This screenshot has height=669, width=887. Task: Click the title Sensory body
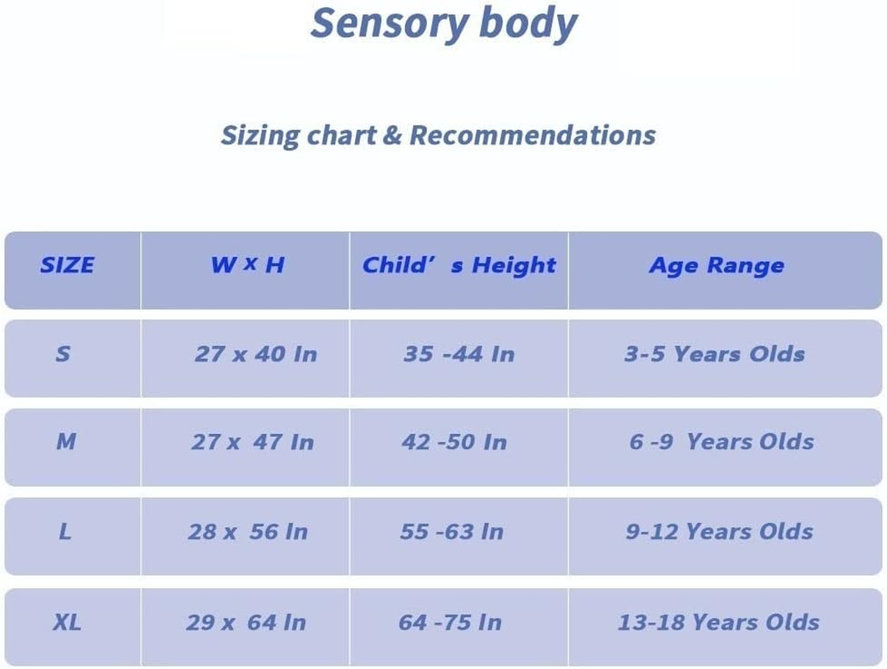click(443, 23)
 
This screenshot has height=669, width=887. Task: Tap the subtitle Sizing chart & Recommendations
click(438, 135)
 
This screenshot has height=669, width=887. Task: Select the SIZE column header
click(67, 266)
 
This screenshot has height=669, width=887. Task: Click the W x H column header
click(247, 266)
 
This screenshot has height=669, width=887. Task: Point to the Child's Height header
click(459, 266)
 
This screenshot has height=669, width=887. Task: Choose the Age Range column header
click(717, 266)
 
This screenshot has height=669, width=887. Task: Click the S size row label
click(63, 355)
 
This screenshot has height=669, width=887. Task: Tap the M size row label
click(65, 442)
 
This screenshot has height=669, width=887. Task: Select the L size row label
click(64, 532)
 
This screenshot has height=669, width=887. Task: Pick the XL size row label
click(67, 622)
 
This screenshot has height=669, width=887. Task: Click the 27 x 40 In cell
click(256, 355)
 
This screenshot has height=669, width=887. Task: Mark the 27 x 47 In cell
click(252, 442)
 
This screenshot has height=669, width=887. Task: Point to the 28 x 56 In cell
click(247, 532)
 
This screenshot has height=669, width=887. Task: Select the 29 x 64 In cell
click(246, 622)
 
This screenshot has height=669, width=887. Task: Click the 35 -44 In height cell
click(459, 355)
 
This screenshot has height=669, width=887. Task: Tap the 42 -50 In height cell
click(454, 442)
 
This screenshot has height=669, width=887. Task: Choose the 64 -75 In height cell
click(450, 622)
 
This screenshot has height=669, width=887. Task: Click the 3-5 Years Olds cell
click(714, 355)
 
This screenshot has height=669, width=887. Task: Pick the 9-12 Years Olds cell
click(719, 532)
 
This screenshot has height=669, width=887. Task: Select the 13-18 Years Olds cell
click(718, 622)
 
